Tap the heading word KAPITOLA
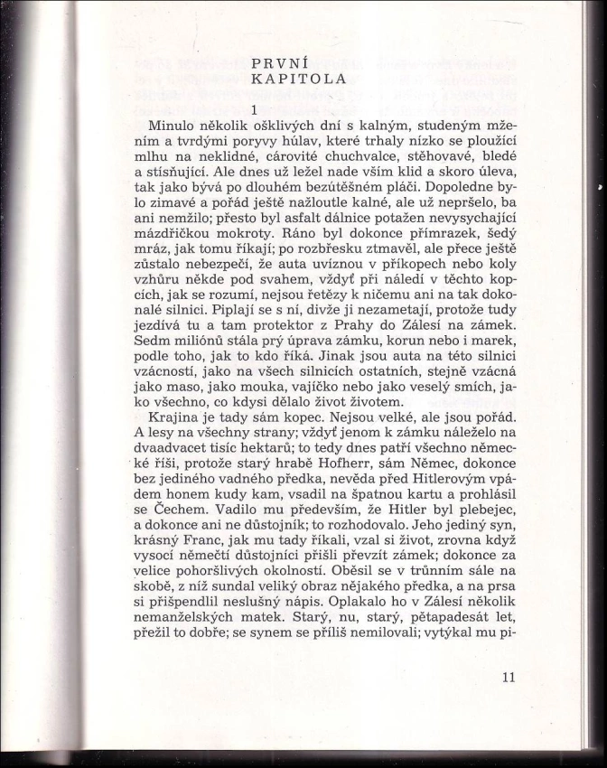coord(299,79)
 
